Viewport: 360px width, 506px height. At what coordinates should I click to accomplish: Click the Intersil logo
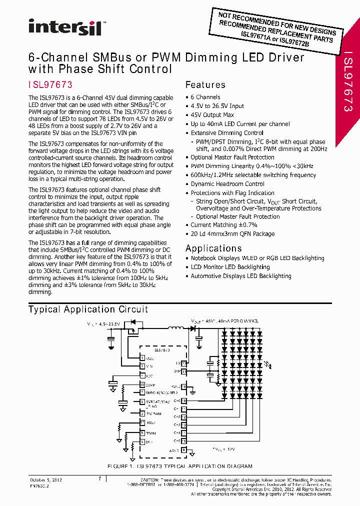click(x=65, y=27)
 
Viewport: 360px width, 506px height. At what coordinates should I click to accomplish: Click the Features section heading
click(x=205, y=85)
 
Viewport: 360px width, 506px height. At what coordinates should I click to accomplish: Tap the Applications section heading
click(x=213, y=248)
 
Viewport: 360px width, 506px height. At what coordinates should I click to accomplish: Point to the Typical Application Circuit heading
click(x=88, y=309)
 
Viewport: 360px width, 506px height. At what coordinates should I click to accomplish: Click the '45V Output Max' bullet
click(x=212, y=115)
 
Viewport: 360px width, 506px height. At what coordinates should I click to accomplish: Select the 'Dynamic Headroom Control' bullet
click(x=227, y=184)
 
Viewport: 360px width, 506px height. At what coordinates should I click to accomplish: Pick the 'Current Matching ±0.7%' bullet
click(x=223, y=225)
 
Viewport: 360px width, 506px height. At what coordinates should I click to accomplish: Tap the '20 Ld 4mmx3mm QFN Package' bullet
click(x=232, y=233)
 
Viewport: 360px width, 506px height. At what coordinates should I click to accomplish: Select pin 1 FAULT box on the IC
click(x=142, y=358)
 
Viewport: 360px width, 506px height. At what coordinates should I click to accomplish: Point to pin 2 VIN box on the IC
click(x=142, y=366)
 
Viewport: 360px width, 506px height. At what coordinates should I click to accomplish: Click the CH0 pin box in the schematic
click(x=184, y=400)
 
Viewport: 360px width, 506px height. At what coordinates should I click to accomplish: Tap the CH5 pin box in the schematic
click(x=184, y=441)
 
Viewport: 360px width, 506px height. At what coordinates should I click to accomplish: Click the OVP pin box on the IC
click(x=184, y=371)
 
